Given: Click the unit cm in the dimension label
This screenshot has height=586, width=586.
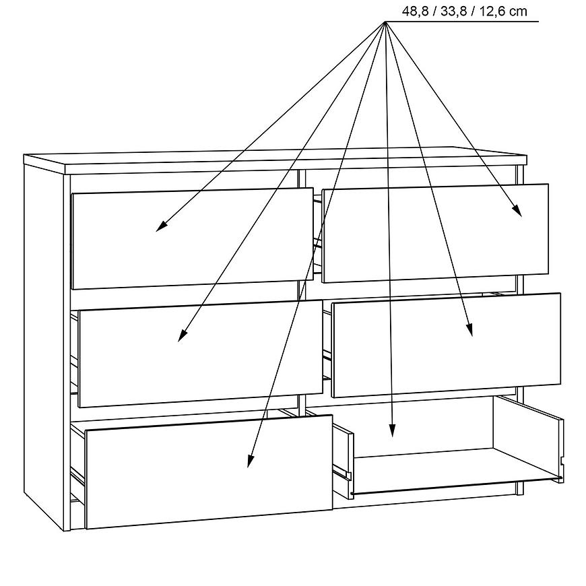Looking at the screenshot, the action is [518, 12].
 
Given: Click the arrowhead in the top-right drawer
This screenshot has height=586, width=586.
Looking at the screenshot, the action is [518, 211].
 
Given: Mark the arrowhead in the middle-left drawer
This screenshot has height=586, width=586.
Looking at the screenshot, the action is [181, 336].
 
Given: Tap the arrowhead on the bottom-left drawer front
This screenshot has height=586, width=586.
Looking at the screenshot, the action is [250, 461].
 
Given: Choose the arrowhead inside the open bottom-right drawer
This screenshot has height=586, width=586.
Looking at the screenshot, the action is [391, 430].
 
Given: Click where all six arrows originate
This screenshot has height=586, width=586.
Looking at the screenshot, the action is [385, 22].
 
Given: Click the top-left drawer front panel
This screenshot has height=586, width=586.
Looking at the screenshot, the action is [192, 238].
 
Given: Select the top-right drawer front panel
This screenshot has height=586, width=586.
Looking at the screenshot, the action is [435, 233].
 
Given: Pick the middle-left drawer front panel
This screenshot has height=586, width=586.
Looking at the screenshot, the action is [200, 354].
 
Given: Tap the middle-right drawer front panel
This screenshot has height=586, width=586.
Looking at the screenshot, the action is [446, 346].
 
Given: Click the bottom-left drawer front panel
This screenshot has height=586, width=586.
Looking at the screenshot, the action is [209, 471].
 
